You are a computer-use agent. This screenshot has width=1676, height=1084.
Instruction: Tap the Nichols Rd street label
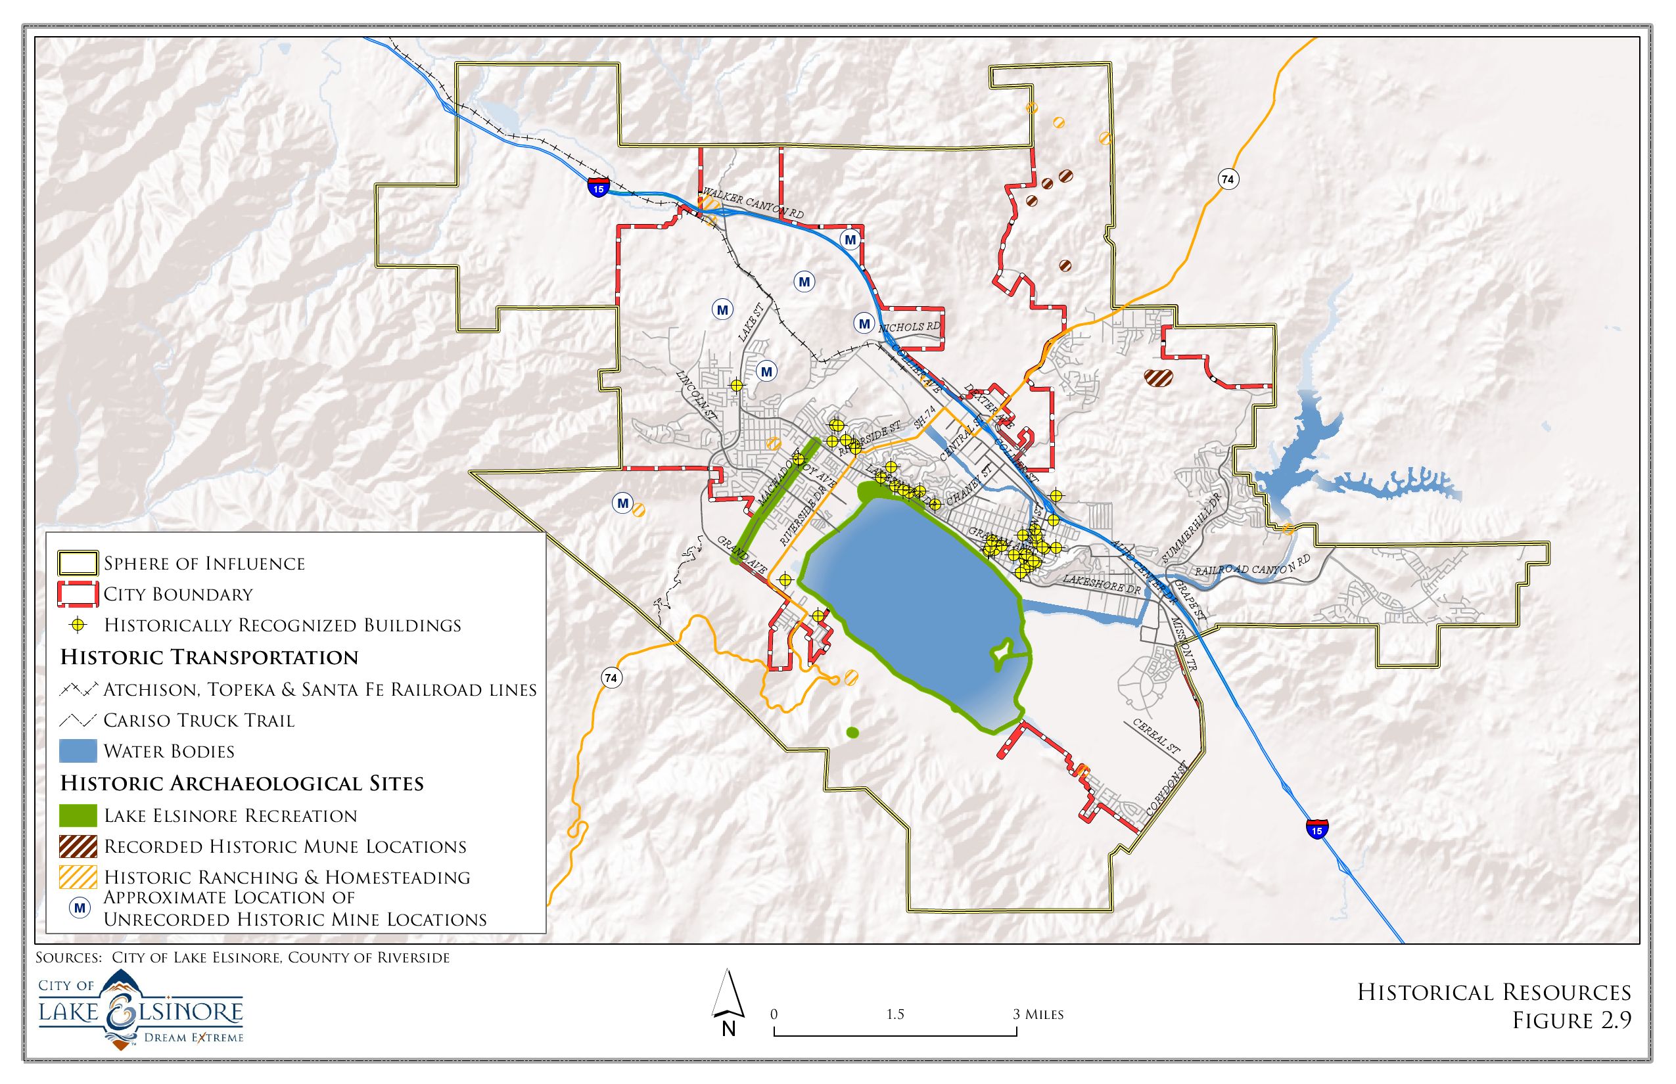pyautogui.click(x=909, y=327)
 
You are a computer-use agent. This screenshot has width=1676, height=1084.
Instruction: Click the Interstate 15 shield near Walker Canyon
pyautogui.click(x=598, y=188)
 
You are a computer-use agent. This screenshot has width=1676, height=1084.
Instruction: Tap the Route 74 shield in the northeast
pyautogui.click(x=1228, y=179)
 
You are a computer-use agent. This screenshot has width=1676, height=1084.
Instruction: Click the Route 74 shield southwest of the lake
pyautogui.click(x=611, y=678)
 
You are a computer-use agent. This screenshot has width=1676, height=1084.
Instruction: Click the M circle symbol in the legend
pyautogui.click(x=80, y=908)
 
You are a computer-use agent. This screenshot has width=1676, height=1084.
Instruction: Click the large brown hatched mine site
pyautogui.click(x=1157, y=378)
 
